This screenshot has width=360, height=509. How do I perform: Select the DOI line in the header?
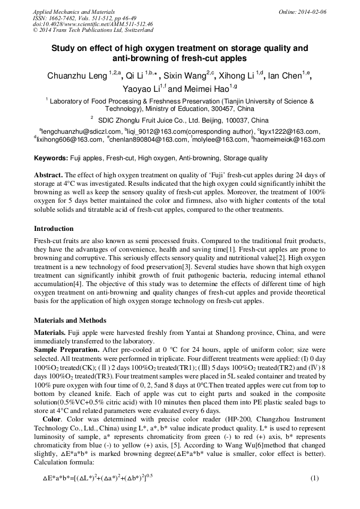(93, 24)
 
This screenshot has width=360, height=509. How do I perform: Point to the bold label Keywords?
(51, 158)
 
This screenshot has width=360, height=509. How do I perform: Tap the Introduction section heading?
(54, 229)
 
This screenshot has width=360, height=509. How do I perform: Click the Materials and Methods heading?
(70, 320)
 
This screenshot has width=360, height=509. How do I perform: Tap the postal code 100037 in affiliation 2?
(234, 120)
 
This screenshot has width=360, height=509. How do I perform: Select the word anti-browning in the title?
(140, 58)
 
